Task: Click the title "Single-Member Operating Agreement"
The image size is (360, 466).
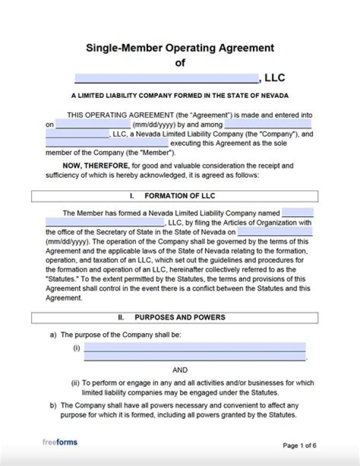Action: [x=180, y=48]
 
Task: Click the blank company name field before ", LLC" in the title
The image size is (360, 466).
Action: [x=166, y=78]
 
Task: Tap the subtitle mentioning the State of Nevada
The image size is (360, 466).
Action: [x=180, y=95]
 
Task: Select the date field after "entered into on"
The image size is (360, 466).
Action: [x=93, y=124]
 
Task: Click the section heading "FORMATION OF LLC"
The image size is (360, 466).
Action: [x=179, y=196]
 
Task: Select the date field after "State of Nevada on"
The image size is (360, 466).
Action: [x=274, y=232]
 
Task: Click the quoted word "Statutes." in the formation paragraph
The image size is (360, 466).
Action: [x=59, y=279]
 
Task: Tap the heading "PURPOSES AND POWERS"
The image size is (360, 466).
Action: [x=179, y=317]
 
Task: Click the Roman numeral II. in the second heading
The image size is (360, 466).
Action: [x=121, y=317]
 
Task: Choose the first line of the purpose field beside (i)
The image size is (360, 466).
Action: [x=194, y=347]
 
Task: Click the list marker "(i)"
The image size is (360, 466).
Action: [x=76, y=348]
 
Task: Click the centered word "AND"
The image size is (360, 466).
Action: [x=180, y=370]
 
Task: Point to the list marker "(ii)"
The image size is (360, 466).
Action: [x=75, y=383]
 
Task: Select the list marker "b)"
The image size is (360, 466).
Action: [x=53, y=406]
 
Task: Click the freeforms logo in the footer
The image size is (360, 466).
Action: [x=59, y=442]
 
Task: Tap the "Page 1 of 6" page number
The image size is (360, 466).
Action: [x=299, y=445]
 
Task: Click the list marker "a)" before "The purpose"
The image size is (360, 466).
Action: [x=53, y=335]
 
